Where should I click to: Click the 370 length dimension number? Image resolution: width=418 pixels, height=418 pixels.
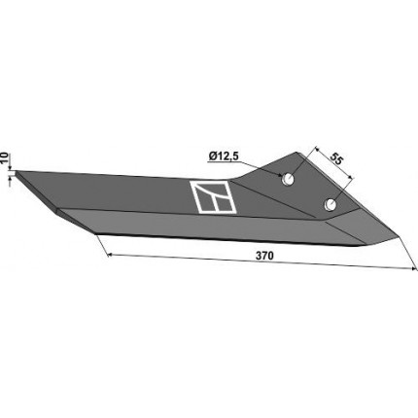(x=264, y=256)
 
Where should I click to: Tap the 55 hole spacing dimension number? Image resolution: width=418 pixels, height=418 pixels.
(x=336, y=158)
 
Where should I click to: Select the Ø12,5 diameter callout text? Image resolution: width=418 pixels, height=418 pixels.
(x=224, y=157)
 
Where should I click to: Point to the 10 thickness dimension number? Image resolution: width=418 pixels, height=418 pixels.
(x=4, y=157)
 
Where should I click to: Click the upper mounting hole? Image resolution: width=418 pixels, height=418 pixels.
(x=288, y=179)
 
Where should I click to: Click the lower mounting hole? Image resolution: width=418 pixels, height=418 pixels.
(x=331, y=204)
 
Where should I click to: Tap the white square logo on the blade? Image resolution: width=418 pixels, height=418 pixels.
(x=214, y=197)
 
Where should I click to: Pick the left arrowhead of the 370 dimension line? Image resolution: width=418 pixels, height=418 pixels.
(x=110, y=255)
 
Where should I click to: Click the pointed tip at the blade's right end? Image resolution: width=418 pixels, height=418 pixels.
(x=400, y=237)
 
